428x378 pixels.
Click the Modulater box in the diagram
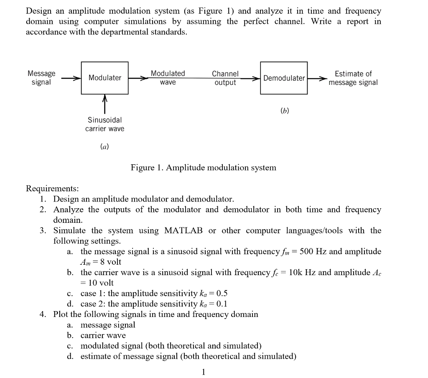coord(104,77)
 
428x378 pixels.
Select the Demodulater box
coord(284,78)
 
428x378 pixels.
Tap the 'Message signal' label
coord(41,78)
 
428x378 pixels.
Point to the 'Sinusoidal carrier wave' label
coord(104,124)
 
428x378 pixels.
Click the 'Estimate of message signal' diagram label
coord(353,78)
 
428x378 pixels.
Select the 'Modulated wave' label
coord(168,78)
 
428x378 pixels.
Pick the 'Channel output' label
coord(225,78)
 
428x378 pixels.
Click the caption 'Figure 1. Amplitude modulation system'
coord(203,168)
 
